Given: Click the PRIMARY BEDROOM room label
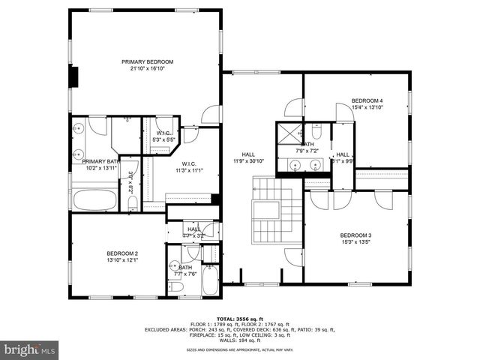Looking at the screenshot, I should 148,61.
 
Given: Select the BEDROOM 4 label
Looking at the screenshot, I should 367,100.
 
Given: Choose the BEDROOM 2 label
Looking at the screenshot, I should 121,253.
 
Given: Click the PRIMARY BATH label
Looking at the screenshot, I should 100,161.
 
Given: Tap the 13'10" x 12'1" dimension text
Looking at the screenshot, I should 121,260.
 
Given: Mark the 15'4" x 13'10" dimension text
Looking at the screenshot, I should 367,107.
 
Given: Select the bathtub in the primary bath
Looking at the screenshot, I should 94,200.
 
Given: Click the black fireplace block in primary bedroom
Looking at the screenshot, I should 75,78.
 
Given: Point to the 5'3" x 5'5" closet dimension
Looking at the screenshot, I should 163,139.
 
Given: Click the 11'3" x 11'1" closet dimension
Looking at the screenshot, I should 188,170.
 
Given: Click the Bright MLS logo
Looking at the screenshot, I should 30,349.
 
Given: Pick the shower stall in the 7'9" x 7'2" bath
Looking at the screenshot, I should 287,134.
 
